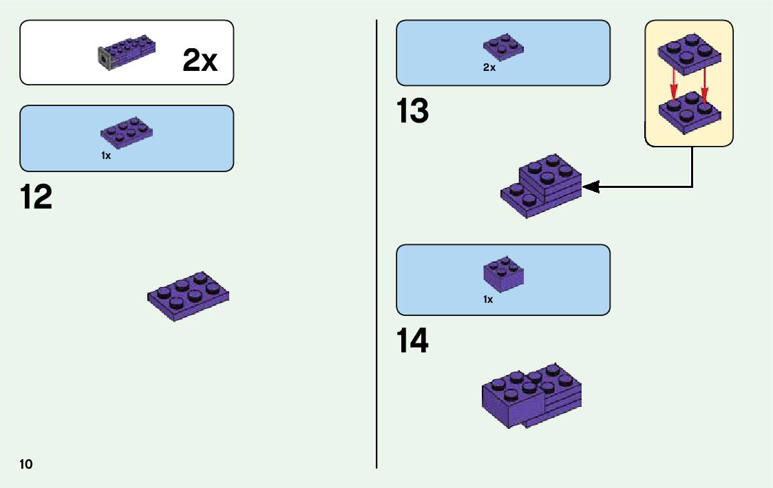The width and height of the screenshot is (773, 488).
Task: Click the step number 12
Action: click(x=36, y=198)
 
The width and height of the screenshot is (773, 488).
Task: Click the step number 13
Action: click(x=412, y=112)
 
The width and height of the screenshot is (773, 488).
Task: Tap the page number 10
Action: click(x=26, y=464)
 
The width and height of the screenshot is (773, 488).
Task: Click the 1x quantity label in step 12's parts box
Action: click(x=106, y=156)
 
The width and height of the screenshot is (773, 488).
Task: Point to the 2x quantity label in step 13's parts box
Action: click(x=489, y=68)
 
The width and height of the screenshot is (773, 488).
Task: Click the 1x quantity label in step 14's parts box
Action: click(x=488, y=299)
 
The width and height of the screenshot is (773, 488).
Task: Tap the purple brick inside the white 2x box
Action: click(x=131, y=52)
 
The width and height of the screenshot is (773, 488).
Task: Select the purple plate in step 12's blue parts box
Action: click(x=127, y=130)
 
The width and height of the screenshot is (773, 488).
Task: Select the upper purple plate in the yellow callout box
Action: click(x=688, y=54)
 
